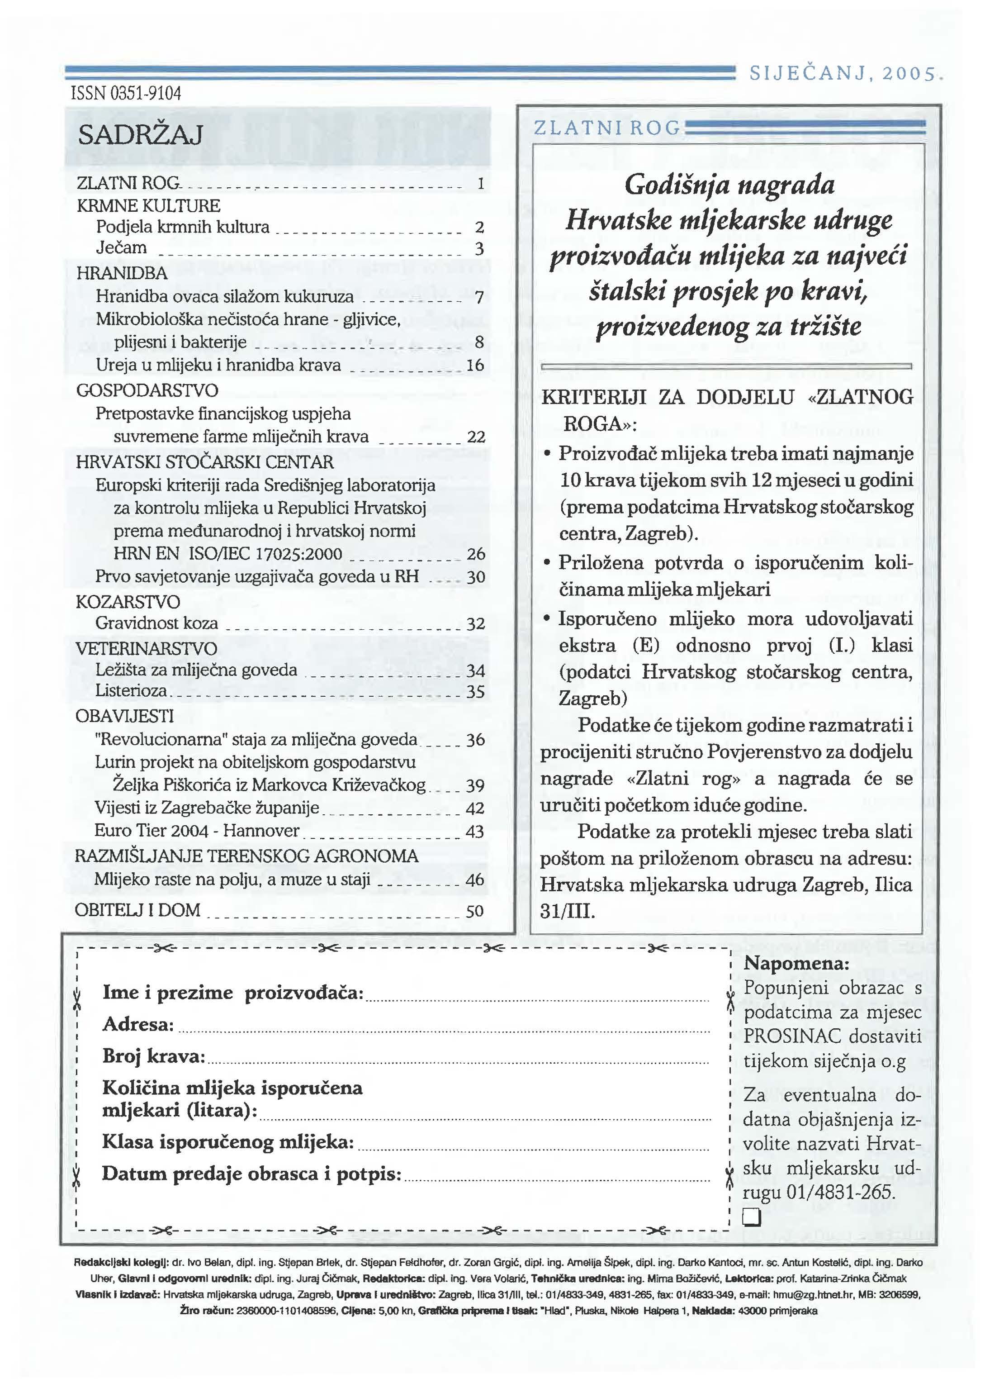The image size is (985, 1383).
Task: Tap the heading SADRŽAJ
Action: point(140,135)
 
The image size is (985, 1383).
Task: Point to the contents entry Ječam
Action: point(121,248)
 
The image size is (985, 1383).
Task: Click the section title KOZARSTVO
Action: point(128,602)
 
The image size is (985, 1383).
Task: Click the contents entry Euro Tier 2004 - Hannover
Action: point(197,831)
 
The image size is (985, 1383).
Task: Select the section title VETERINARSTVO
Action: point(146,648)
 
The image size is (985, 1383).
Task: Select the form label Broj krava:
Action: point(153,1056)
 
